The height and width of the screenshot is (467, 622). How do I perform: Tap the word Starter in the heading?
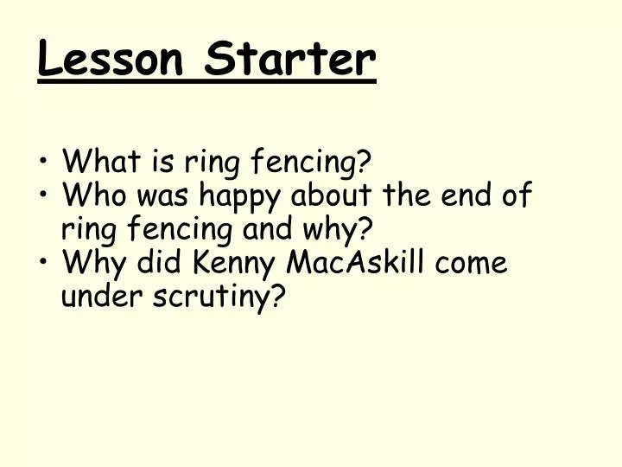coord(292,60)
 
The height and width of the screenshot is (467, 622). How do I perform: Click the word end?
coord(468,195)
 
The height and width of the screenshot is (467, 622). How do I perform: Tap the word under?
coord(96,297)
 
